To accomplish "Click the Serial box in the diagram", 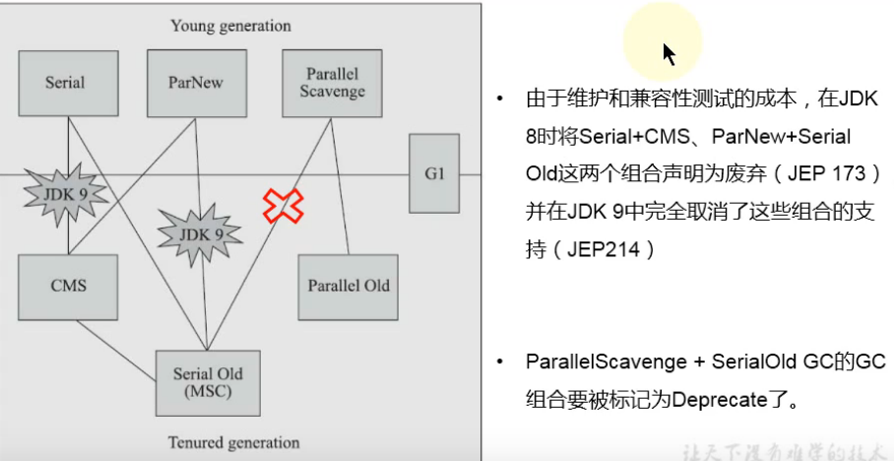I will [65, 82].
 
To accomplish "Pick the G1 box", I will [434, 173].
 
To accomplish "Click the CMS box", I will [68, 286].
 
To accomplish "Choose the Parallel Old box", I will [348, 286].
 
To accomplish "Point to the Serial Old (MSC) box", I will [208, 382].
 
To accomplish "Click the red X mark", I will [283, 205].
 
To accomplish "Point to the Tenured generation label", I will [232, 442].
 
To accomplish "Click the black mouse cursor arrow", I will [669, 53].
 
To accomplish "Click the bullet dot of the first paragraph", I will [501, 99].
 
